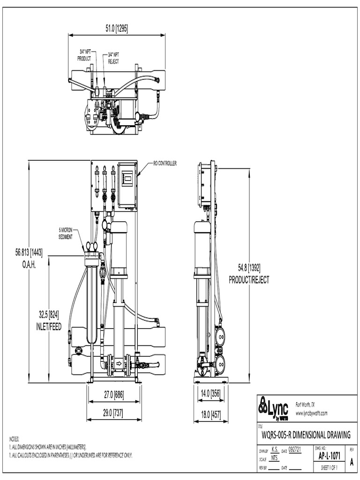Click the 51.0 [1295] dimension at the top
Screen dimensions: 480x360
pyautogui.click(x=116, y=29)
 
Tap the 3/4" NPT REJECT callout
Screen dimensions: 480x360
pyautogui.click(x=114, y=58)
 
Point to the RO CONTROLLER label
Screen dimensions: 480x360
pyautogui.click(x=165, y=164)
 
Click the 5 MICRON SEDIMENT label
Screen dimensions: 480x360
pyautogui.click(x=66, y=233)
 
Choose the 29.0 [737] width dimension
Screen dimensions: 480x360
pyautogui.click(x=113, y=412)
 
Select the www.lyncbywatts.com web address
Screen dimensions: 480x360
pyautogui.click(x=311, y=413)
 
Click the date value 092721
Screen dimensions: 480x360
pyautogui.click(x=294, y=449)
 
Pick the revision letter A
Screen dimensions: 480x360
pyautogui.click(x=351, y=462)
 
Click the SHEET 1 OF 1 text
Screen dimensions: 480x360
pyautogui.click(x=329, y=468)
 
